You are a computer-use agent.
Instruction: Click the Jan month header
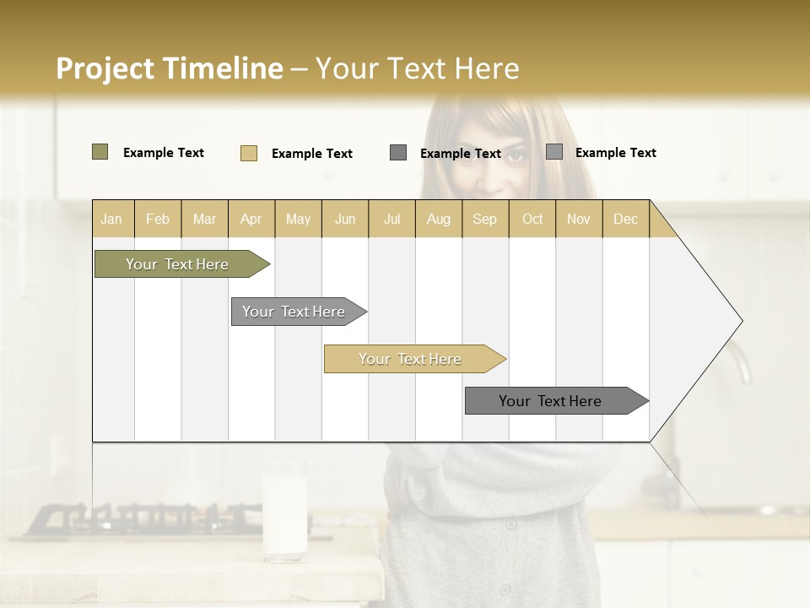(x=111, y=219)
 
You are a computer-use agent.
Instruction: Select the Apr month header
(x=251, y=219)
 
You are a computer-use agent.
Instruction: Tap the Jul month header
(x=391, y=219)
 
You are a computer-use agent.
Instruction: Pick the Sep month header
(x=484, y=219)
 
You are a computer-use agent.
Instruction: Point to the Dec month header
(x=625, y=219)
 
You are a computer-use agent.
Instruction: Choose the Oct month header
(x=532, y=219)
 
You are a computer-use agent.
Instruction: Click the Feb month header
(x=158, y=219)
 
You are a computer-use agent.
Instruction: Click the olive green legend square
(x=100, y=152)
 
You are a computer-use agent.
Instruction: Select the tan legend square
(x=248, y=153)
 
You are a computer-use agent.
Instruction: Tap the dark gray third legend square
(x=398, y=152)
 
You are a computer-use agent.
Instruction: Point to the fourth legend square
(x=554, y=152)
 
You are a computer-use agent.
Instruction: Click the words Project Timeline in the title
(x=169, y=68)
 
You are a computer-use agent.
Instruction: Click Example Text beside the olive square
(x=164, y=153)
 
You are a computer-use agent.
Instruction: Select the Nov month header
(x=579, y=219)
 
